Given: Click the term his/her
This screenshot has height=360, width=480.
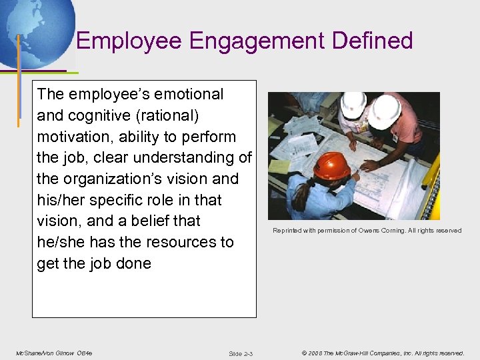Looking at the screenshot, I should [62, 200].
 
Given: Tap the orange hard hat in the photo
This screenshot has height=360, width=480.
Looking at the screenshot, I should [331, 165].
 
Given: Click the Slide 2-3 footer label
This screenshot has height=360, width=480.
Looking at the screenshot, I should [240, 353].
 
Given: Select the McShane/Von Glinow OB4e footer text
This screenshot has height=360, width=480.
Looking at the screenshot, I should [53, 353].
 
